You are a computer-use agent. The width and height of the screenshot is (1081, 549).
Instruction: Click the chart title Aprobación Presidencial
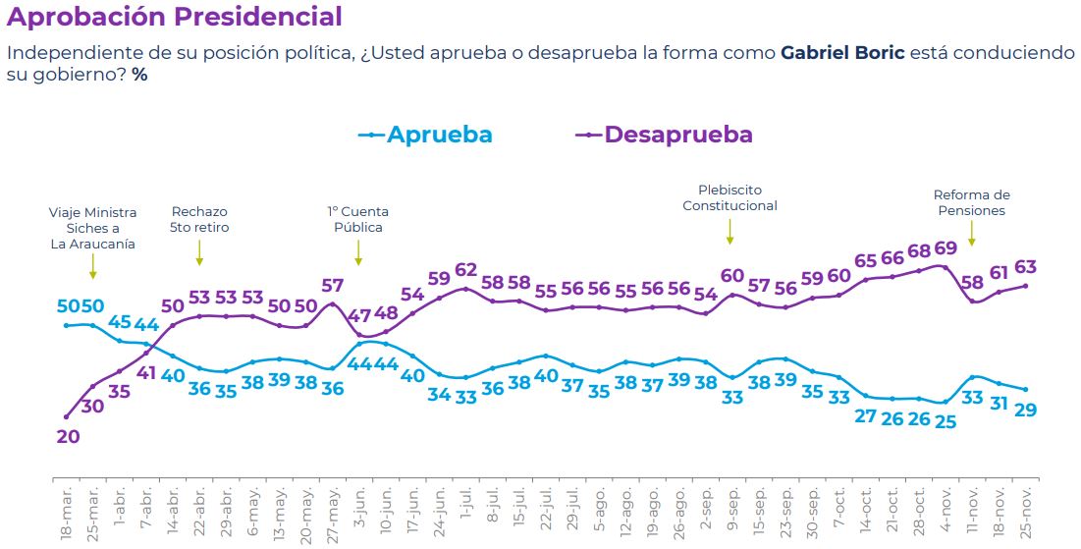(x=175, y=17)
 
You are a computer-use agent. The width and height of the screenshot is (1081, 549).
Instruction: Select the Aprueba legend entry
(x=426, y=135)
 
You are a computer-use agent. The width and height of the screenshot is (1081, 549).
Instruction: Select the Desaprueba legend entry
(x=665, y=135)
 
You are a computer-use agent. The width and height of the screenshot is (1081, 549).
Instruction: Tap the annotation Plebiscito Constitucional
(x=730, y=197)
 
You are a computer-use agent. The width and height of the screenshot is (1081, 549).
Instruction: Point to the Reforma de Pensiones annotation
(x=971, y=202)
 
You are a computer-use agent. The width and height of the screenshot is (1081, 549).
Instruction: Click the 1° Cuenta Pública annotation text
(x=357, y=219)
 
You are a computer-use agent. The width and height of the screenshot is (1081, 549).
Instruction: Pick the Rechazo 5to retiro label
(x=199, y=219)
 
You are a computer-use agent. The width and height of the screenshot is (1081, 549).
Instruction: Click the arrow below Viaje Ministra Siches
(x=93, y=266)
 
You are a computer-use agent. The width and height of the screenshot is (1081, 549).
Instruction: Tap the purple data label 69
(x=945, y=247)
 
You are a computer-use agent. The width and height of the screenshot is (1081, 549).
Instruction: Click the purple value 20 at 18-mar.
(x=68, y=437)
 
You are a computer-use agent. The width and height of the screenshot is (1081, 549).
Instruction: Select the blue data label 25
(x=945, y=422)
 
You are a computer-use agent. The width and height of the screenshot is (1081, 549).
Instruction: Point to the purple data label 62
(x=465, y=270)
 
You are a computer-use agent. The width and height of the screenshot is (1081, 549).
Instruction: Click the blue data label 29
(x=1025, y=410)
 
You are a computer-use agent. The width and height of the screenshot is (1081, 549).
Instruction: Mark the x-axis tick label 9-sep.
(x=732, y=511)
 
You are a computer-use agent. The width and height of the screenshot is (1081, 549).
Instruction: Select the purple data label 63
(x=1025, y=267)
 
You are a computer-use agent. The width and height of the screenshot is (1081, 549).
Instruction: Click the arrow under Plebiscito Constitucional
(x=730, y=231)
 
